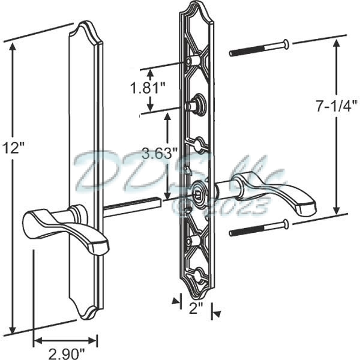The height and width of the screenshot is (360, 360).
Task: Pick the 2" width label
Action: coord(195,311)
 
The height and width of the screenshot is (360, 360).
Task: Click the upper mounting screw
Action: coord(258,48)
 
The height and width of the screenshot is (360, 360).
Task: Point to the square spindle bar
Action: coord(132,205)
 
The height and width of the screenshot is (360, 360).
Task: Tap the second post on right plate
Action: coord(196,104)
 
